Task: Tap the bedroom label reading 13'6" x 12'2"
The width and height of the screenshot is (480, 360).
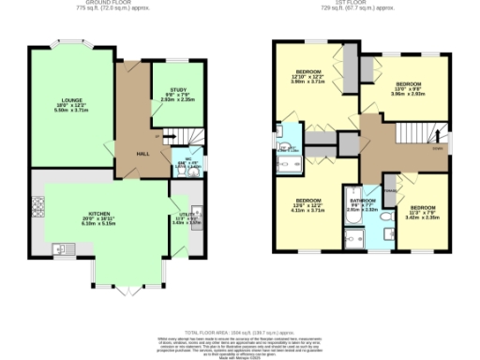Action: point(308,206)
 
